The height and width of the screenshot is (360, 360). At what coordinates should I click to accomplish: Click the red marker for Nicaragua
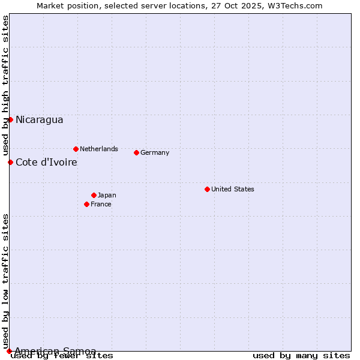coord(10,119)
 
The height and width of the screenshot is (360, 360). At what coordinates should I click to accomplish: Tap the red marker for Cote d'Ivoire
coord(10,162)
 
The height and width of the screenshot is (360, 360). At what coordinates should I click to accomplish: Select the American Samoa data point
coord(9,351)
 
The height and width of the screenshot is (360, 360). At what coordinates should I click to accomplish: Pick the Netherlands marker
coord(76,149)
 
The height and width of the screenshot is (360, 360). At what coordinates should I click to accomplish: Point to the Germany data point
coord(136,152)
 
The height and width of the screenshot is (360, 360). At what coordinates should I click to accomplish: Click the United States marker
coord(207,189)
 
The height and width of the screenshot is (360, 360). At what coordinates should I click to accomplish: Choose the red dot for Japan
coord(94,195)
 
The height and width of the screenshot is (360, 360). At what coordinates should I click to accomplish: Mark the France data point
coord(86,204)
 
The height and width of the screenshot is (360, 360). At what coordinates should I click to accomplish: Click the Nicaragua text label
coord(39,119)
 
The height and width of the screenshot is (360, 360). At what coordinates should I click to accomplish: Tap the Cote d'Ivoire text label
coord(46,162)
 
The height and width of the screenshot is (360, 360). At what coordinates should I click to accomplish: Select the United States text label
coord(232,189)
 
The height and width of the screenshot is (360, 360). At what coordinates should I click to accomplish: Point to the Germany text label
coord(155,152)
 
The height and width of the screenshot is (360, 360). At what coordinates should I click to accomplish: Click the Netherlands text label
coord(98,149)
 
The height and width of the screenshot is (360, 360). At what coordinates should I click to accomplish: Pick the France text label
coord(101,204)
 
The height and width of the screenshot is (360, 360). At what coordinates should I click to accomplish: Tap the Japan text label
coord(107,195)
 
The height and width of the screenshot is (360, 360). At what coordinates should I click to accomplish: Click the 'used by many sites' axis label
coord(301,356)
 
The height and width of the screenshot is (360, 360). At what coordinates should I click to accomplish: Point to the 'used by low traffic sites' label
coord(5,281)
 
